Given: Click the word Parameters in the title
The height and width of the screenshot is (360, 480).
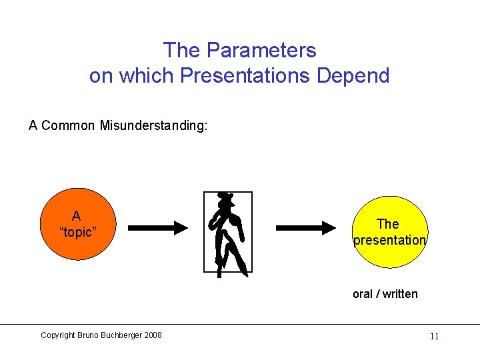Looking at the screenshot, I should [261, 50].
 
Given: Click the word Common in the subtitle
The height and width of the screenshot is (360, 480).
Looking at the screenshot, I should [69, 125].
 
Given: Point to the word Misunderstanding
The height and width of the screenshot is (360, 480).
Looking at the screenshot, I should [153, 125].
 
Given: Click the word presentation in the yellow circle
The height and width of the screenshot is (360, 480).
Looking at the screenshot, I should [389, 240].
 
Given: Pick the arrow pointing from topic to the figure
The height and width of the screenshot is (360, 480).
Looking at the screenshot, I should [158, 228].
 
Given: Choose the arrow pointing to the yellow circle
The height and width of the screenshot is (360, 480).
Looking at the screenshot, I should [306, 228].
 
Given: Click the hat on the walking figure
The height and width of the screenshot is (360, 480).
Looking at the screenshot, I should [227, 198].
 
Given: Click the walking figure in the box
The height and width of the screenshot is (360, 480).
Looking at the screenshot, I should [228, 233].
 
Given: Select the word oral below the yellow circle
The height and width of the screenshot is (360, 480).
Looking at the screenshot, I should [363, 294].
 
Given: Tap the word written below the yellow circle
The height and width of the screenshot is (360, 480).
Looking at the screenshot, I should [400, 294].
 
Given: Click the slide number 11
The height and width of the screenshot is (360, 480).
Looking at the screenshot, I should [434, 336].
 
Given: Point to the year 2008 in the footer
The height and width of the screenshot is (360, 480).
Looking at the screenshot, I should [152, 335].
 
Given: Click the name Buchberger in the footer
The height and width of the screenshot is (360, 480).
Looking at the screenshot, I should [118, 335].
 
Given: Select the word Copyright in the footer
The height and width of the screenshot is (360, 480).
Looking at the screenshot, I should [57, 335].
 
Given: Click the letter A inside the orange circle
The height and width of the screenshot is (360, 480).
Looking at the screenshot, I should [76, 216].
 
